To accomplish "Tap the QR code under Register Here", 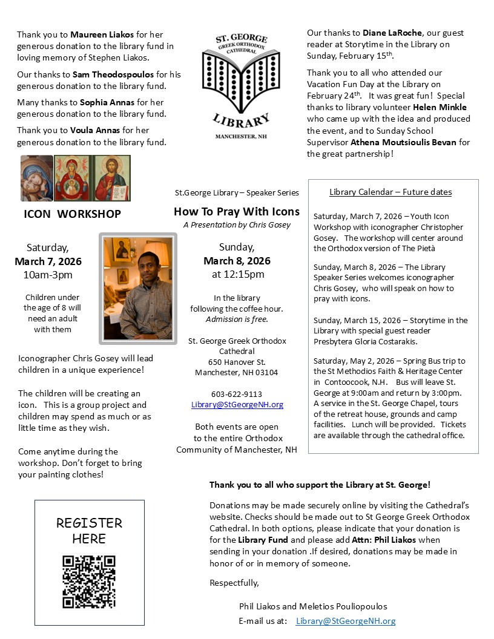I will tap(89, 582).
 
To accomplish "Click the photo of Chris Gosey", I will tap(137, 288).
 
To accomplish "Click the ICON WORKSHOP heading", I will tap(72, 214).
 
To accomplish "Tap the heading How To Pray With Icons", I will tap(237, 211).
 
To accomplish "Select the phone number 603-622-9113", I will tap(237, 394).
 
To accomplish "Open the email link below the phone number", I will tap(237, 405).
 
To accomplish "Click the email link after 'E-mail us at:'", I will tap(346, 621).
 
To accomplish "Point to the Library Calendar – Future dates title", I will tap(390, 192).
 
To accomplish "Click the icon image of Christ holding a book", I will tap(112, 178).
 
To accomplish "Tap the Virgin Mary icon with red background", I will tap(73, 178).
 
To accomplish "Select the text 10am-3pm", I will tap(48, 275).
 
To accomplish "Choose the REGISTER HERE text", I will tap(89, 531).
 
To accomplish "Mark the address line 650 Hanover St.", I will tap(237, 362).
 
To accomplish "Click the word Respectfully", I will tap(234, 583).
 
